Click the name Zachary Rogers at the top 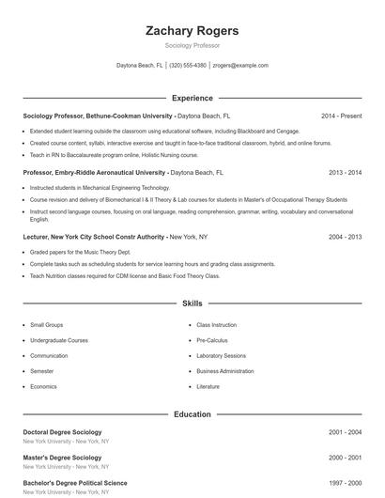pyautogui.click(x=192, y=31)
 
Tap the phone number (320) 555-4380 pyautogui.click(x=188, y=66)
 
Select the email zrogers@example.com pyautogui.click(x=240, y=66)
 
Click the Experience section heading pyautogui.click(x=192, y=98)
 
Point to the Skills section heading pyautogui.click(x=192, y=303)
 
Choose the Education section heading pyautogui.click(x=192, y=413)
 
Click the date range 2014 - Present pyautogui.click(x=341, y=116)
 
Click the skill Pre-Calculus pyautogui.click(x=212, y=340)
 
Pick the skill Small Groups pyautogui.click(x=48, y=324)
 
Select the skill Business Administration pyautogui.click(x=225, y=371)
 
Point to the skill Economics pyautogui.click(x=43, y=386)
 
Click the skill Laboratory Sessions pyautogui.click(x=221, y=355)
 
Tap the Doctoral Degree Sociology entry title pyautogui.click(x=62, y=432)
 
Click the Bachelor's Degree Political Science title pyautogui.click(x=74, y=483)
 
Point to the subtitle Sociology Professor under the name pyautogui.click(x=192, y=45)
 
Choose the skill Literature pyautogui.click(x=208, y=386)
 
